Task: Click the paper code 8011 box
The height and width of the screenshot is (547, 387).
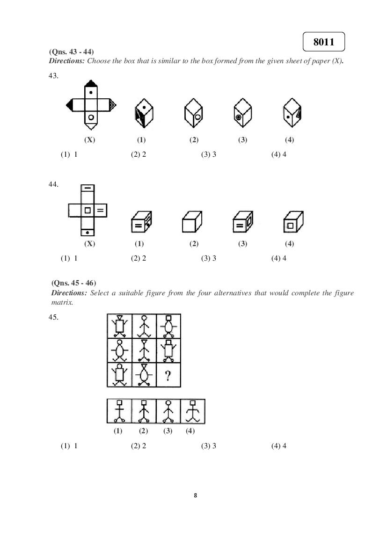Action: coord(323,42)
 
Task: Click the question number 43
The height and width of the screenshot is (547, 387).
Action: coord(53,76)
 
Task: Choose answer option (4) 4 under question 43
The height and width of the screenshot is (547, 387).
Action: coord(279,154)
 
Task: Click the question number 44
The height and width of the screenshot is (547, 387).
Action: coord(53,184)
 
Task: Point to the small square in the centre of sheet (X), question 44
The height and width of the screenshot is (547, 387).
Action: coord(88,211)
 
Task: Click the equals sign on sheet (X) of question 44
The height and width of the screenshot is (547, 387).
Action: coord(101,211)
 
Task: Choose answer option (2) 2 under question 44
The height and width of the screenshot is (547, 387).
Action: coord(139,258)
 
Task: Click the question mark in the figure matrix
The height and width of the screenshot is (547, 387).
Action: coord(168,375)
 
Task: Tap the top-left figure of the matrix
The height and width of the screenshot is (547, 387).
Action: coord(119,326)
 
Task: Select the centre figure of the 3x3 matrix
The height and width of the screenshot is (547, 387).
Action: coord(144,350)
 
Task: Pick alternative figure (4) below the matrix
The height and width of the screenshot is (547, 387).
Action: coord(192,411)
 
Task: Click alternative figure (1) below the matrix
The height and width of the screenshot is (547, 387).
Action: coord(119,411)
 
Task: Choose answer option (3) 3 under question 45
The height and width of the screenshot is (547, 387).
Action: coord(209,446)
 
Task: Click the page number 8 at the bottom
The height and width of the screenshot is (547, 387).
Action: coord(195,496)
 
